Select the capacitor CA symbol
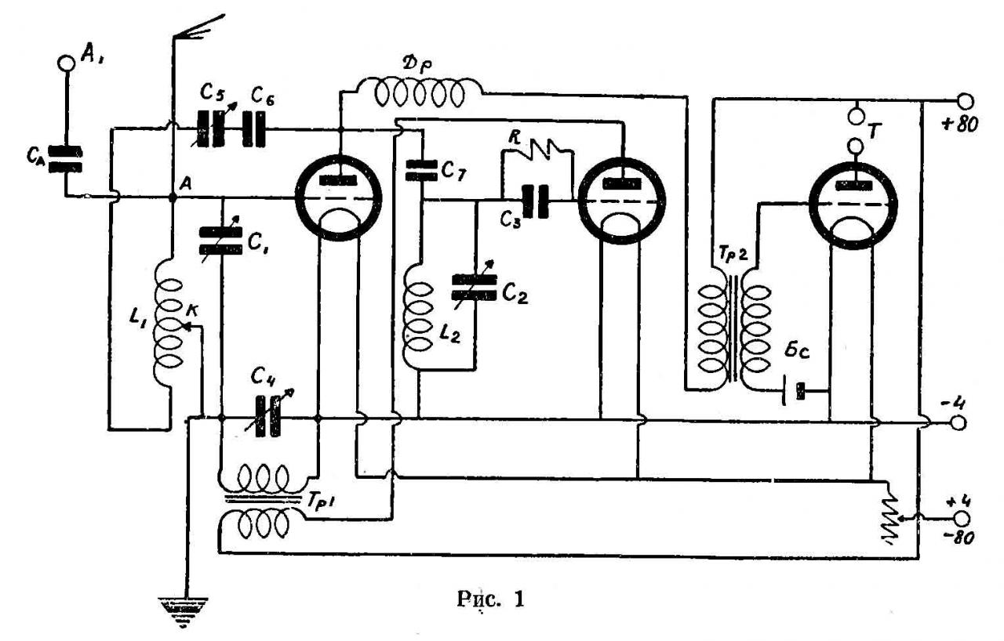click(x=64, y=159)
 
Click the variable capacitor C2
click(x=475, y=285)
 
